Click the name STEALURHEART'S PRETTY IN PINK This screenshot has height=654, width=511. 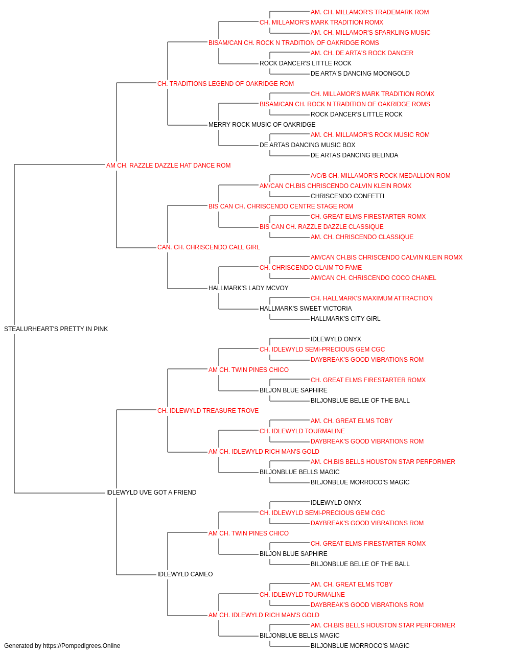[x=56, y=329]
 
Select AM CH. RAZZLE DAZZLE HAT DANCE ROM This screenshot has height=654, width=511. [x=168, y=166]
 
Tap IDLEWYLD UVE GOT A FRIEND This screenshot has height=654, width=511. [x=151, y=493]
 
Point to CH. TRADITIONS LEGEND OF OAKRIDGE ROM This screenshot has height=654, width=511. [x=225, y=84]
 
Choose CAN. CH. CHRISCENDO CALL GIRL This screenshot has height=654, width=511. [x=208, y=247]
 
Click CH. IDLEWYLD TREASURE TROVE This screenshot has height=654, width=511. [x=208, y=411]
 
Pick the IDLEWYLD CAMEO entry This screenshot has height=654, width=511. [x=185, y=574]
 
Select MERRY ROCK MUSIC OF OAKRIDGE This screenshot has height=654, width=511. [x=262, y=125]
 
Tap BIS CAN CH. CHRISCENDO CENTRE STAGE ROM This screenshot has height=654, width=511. [x=281, y=206]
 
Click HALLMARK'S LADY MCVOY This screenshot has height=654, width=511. [x=248, y=288]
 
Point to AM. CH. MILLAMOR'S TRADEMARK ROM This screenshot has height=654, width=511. [x=369, y=12]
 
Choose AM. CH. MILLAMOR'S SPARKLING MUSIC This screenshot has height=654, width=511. [x=370, y=33]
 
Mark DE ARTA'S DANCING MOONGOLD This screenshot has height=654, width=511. [x=360, y=74]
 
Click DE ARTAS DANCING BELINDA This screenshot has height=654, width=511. [x=354, y=155]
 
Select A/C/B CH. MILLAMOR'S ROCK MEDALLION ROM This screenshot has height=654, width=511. [x=380, y=176]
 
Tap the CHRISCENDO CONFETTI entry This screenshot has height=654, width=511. [x=347, y=196]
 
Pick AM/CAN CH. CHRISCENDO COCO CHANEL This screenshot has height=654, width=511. [x=373, y=278]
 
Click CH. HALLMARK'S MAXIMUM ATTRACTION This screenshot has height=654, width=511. [x=371, y=298]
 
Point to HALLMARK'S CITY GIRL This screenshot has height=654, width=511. [x=345, y=319]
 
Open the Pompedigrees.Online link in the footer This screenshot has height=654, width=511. [x=82, y=646]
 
